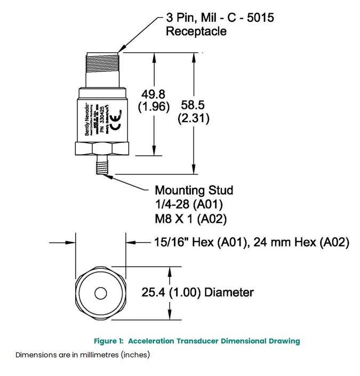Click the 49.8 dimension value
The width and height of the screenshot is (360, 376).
[154, 94]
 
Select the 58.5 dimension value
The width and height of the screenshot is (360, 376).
[193, 106]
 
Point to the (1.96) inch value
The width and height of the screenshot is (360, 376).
[154, 107]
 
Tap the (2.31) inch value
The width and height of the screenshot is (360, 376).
[193, 118]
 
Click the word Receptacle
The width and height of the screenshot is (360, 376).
[196, 31]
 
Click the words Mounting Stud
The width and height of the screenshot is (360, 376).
[194, 190]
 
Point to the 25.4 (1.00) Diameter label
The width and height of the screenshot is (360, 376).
[197, 292]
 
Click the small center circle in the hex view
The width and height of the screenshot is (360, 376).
[100, 293]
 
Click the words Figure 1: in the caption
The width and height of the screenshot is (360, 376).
[109, 341]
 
